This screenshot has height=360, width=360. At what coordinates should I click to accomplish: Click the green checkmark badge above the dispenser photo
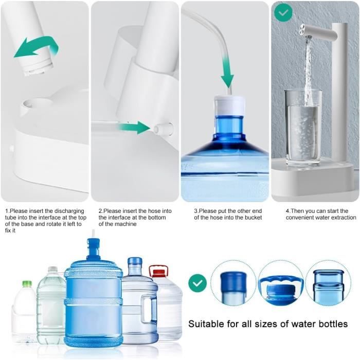click(282, 12)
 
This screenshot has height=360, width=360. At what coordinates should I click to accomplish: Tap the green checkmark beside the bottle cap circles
click(197, 282)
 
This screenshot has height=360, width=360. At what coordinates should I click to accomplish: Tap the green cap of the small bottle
click(27, 283)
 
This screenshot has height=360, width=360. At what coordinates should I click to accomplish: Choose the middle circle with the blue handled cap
click(281, 283)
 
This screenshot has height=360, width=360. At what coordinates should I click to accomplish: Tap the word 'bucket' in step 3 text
click(251, 218)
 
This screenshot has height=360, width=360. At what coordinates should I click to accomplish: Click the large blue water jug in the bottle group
click(94, 298)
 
